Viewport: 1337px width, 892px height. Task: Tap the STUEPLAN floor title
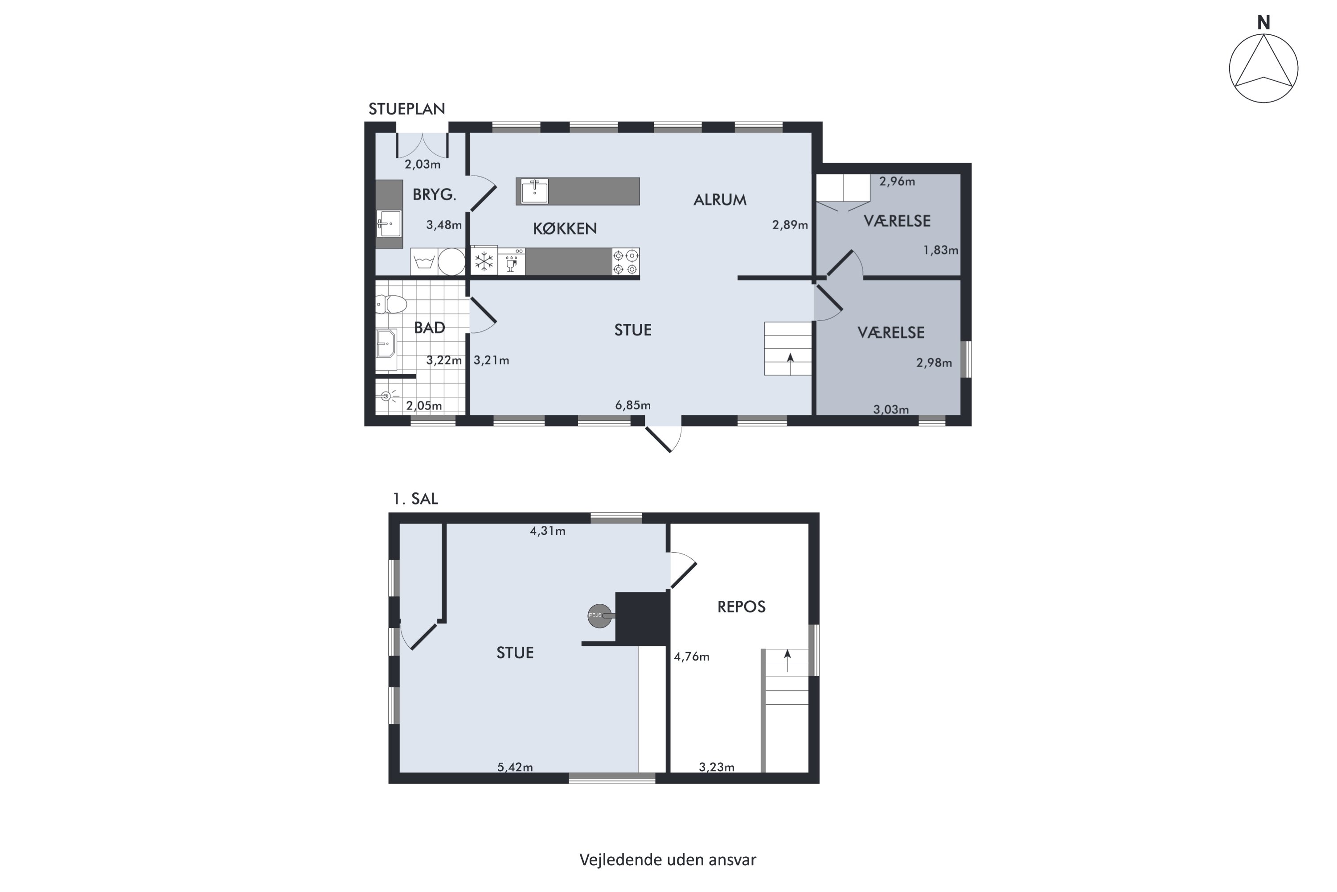pyautogui.click(x=406, y=109)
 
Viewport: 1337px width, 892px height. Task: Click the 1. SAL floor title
pyautogui.click(x=415, y=499)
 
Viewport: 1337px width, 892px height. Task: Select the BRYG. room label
pyautogui.click(x=434, y=194)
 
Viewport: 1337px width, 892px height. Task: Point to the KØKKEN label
pyautogui.click(x=565, y=229)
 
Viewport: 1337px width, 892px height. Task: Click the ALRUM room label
pyautogui.click(x=720, y=200)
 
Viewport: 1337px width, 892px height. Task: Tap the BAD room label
pyautogui.click(x=429, y=328)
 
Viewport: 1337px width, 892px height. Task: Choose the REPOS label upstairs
pyautogui.click(x=741, y=607)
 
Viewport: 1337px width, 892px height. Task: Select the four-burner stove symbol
pyautogui.click(x=625, y=262)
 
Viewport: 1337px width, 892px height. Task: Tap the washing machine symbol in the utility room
pyautogui.click(x=424, y=262)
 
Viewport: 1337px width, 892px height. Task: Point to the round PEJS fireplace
pyautogui.click(x=600, y=615)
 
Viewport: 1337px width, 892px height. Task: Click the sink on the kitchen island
pyautogui.click(x=534, y=191)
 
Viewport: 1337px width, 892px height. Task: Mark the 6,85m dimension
pyautogui.click(x=633, y=405)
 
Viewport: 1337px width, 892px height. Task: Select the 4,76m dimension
pyautogui.click(x=692, y=657)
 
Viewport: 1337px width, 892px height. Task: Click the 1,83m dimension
pyautogui.click(x=941, y=250)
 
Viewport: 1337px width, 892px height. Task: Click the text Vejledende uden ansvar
pyautogui.click(x=668, y=859)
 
